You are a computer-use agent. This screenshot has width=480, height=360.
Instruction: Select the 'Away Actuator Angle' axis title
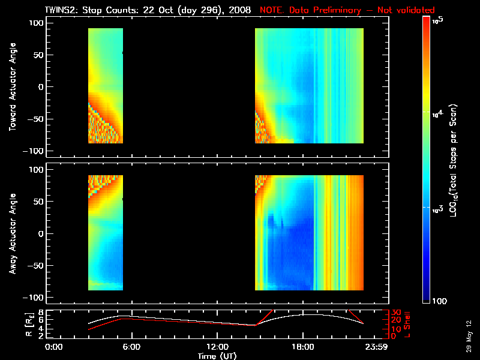coord(11,233)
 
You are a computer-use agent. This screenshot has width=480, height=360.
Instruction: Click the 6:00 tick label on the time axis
coord(131,347)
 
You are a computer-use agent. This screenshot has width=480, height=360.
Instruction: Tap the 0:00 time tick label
coord(54,347)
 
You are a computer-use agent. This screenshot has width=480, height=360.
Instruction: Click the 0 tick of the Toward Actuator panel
coord(41,87)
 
